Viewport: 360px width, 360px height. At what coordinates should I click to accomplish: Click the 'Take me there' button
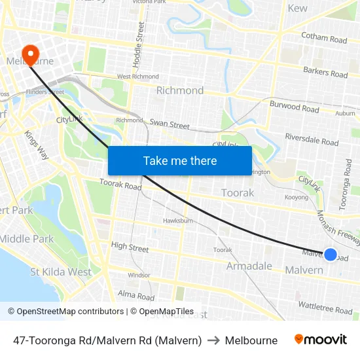pyautogui.click(x=180, y=160)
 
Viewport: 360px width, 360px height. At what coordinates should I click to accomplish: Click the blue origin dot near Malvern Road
pyautogui.click(x=331, y=255)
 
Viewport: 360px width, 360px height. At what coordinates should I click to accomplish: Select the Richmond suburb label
pyautogui.click(x=179, y=90)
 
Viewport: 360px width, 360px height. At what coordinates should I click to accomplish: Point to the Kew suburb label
pyautogui.click(x=297, y=8)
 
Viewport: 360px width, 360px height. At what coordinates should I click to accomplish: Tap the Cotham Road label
pyautogui.click(x=323, y=39)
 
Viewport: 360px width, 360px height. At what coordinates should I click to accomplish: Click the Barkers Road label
pyautogui.click(x=325, y=72)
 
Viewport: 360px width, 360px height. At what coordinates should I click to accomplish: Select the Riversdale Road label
pyautogui.click(x=312, y=139)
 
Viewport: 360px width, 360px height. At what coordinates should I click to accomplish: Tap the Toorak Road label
pyautogui.click(x=120, y=186)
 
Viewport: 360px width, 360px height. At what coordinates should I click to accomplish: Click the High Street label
pyautogui.click(x=130, y=246)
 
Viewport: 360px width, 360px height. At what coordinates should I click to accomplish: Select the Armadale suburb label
pyautogui.click(x=249, y=266)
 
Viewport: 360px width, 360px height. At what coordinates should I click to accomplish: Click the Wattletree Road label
pyautogui.click(x=325, y=306)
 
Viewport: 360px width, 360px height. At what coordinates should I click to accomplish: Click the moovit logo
pyautogui.click(x=320, y=340)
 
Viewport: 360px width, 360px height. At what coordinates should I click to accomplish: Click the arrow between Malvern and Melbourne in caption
pyautogui.click(x=213, y=340)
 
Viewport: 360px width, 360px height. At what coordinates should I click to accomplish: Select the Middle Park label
pyautogui.click(x=26, y=239)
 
